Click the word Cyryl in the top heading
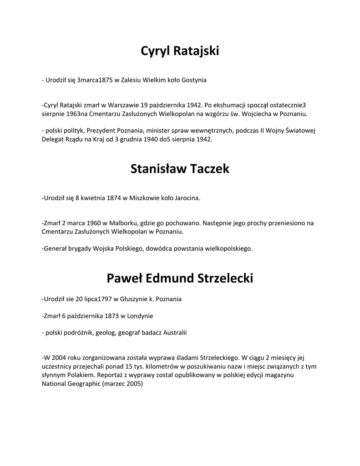tap(155, 51)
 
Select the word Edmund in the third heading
tap(171, 278)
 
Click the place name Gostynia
tap(194, 80)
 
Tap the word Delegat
tap(53, 139)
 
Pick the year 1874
tap(114, 198)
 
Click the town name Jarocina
tap(186, 198)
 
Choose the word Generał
tap(55, 249)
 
